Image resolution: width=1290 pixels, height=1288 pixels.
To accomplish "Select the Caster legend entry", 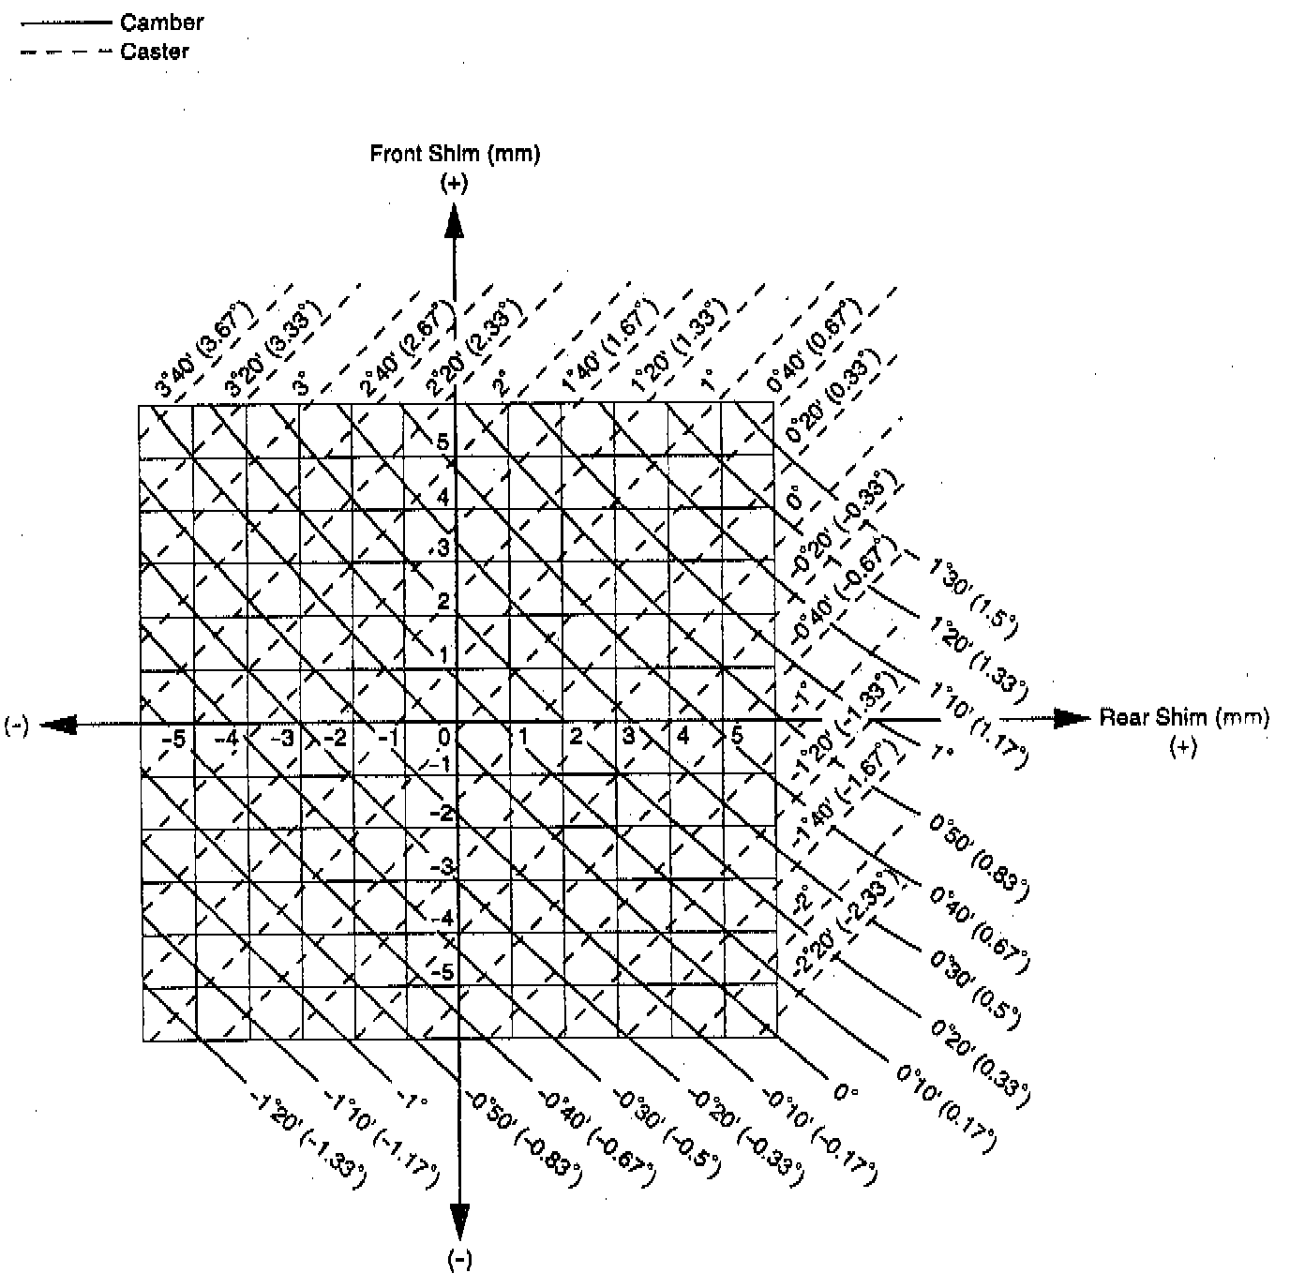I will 155,52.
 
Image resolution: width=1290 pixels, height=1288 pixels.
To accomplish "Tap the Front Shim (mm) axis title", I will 455,154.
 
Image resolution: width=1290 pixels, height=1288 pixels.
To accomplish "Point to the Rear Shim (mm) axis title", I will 1184,718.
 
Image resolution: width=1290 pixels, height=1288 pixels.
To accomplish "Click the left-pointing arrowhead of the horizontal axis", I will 58,725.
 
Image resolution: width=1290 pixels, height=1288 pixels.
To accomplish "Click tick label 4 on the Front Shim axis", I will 443,497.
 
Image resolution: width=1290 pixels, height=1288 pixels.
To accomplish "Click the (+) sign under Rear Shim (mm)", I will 1183,748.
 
